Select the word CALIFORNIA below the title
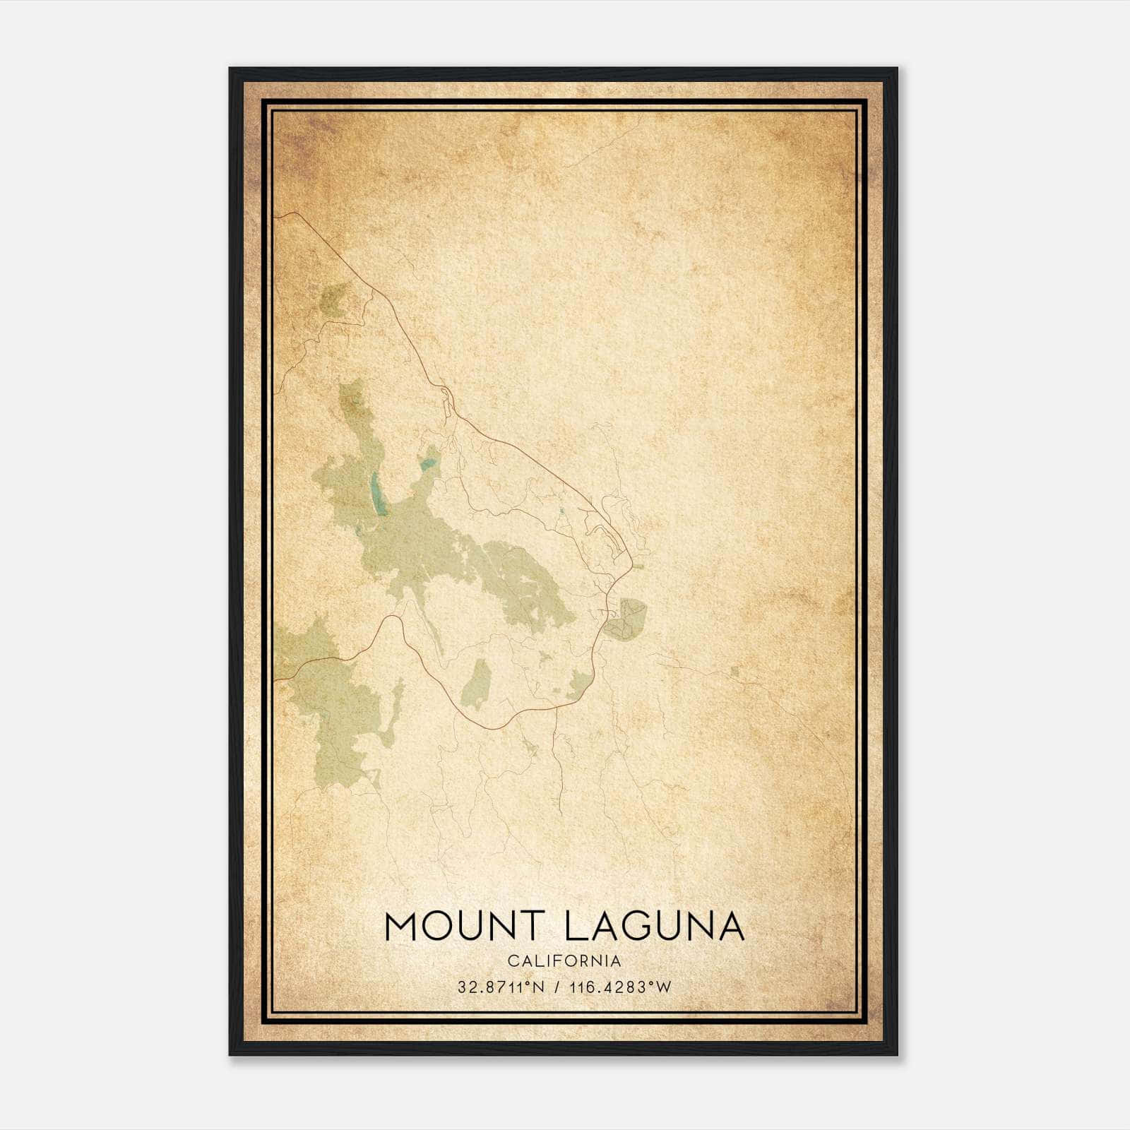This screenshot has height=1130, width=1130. pos(564,961)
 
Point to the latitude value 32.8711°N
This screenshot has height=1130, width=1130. pos(501,987)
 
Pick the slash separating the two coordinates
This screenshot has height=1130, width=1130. pos(559,987)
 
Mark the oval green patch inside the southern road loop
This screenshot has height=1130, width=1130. pos(477,684)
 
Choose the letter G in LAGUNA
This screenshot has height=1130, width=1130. pos(646,926)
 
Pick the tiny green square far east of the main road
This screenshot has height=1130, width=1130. pos(734,670)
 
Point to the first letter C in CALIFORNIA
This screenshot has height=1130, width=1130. pos(511,961)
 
